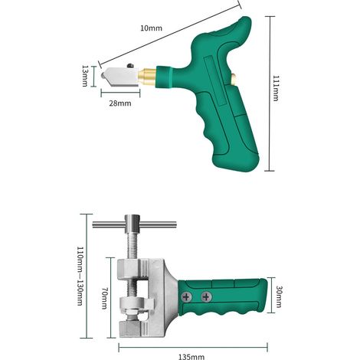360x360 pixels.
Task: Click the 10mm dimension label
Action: [x=151, y=28]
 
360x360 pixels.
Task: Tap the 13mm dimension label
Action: [x=85, y=76]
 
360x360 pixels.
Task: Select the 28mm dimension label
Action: [x=120, y=103]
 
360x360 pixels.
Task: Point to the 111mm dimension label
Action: [x=276, y=88]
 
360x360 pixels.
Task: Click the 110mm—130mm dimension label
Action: [x=80, y=276]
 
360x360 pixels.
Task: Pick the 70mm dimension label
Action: [x=104, y=298]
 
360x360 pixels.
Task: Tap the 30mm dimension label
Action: [x=279, y=297]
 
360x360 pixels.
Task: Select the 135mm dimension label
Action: [x=191, y=357]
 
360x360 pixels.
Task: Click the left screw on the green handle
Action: [x=187, y=297]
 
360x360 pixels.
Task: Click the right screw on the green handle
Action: [x=206, y=296]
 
